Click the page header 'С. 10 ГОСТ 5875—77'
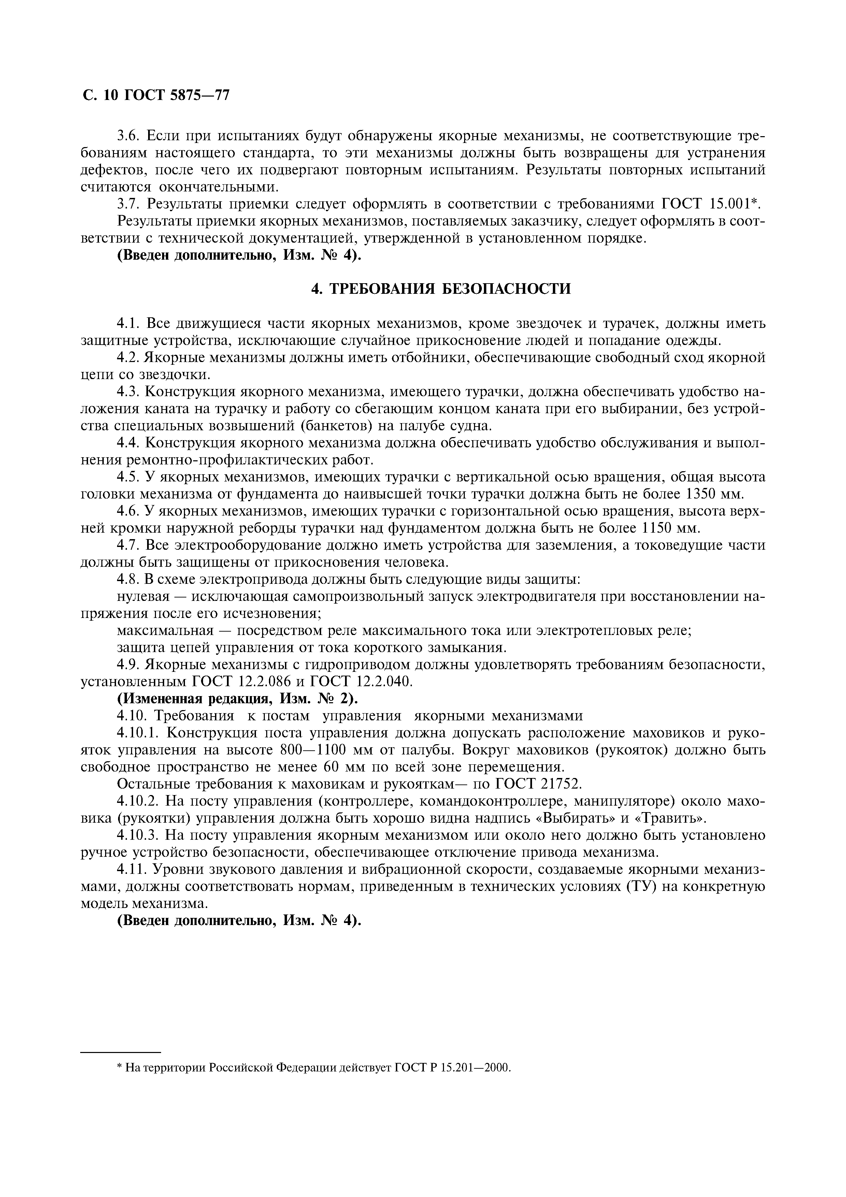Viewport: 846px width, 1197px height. click(155, 96)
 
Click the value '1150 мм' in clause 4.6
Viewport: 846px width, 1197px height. click(670, 528)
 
